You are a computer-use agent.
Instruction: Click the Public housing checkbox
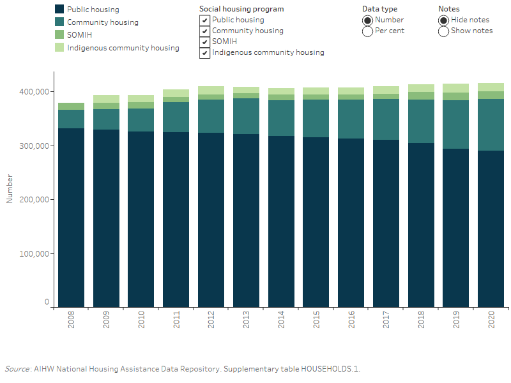(204, 20)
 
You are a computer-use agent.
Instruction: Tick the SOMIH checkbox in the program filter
(204, 42)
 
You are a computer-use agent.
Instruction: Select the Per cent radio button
(367, 31)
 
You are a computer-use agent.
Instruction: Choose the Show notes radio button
(444, 31)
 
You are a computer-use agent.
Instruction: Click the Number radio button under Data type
(367, 20)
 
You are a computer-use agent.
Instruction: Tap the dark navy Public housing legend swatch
(60, 10)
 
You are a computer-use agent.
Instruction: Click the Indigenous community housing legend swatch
(60, 48)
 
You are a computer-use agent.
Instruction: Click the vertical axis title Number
(10, 190)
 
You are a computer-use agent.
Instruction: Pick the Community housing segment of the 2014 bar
(282, 118)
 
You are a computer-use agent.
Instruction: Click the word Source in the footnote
(17, 369)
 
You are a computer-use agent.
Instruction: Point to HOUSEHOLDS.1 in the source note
(330, 369)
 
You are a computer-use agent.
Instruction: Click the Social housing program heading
(241, 10)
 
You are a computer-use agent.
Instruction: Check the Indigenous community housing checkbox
(204, 53)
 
